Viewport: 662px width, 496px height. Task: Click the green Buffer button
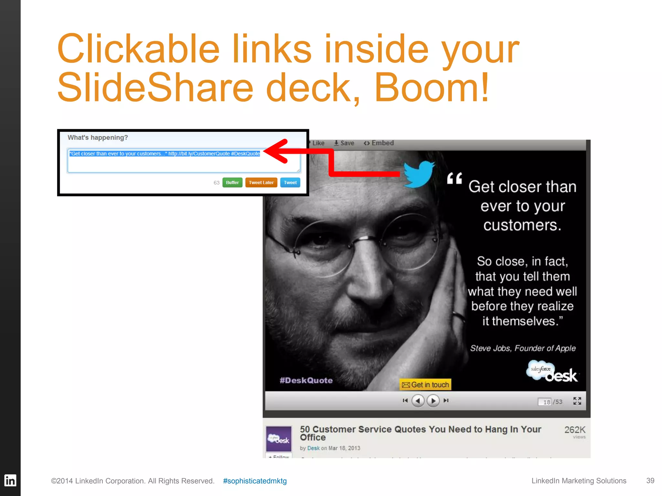click(x=232, y=182)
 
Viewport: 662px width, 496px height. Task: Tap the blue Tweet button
click(x=290, y=182)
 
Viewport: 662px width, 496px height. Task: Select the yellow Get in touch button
click(x=425, y=385)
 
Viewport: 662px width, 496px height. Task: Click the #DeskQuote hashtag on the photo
click(x=306, y=380)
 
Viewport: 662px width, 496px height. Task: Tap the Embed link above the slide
click(x=379, y=143)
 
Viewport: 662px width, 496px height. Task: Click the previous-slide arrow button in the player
click(x=418, y=401)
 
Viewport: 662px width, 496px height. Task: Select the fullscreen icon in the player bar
click(x=577, y=401)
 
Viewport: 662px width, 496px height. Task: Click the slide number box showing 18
click(x=545, y=402)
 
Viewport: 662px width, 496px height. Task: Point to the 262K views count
click(x=575, y=430)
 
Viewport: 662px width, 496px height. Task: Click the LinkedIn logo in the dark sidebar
click(x=10, y=480)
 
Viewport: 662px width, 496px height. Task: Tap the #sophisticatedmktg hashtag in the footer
click(x=255, y=481)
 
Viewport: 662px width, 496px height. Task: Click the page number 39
click(x=650, y=480)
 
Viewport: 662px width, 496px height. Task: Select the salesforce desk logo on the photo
click(x=552, y=372)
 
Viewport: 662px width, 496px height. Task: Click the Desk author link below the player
click(x=313, y=448)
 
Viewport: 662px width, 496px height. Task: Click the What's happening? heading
click(x=98, y=138)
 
